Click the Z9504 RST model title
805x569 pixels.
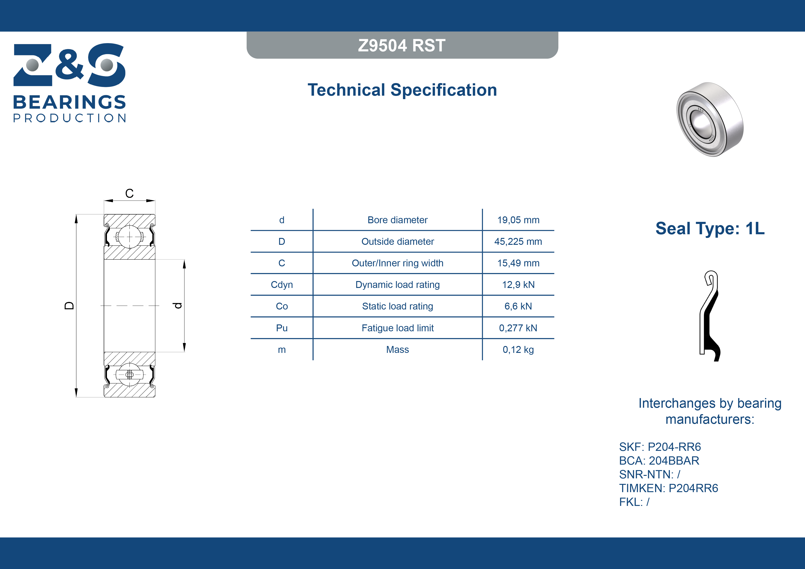point(402,46)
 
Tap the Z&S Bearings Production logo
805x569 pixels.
point(70,83)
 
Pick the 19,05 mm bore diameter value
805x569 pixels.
point(518,220)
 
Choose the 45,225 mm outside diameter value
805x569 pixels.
point(518,242)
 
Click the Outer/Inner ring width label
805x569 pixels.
point(398,263)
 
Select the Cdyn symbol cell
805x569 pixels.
point(282,285)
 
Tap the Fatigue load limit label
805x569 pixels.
point(398,328)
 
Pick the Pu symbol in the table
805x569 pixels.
point(282,328)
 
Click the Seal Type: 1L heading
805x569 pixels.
point(710,229)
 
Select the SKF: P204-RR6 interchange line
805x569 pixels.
point(660,447)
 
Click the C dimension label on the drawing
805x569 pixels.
point(129,193)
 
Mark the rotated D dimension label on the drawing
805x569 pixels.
point(70,306)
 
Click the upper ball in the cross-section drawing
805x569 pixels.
point(130,237)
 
